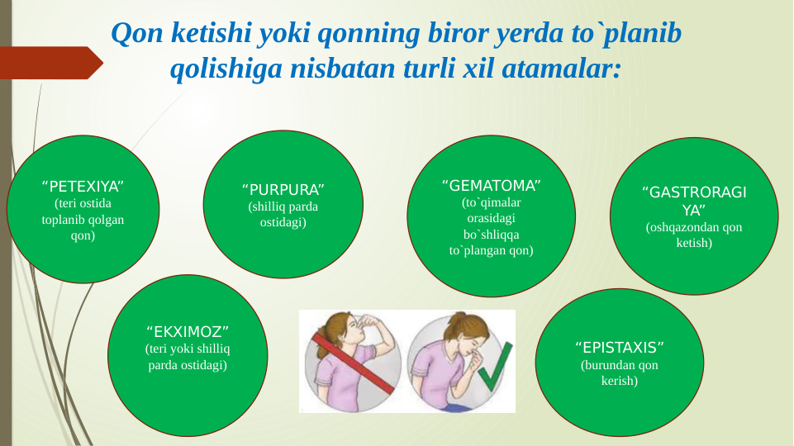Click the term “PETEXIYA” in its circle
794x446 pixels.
click(x=82, y=184)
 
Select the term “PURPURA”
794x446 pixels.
click(x=283, y=189)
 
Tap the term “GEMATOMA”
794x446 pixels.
click(x=491, y=183)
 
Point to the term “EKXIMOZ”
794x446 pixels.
click(x=187, y=331)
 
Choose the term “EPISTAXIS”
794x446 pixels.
click(x=620, y=346)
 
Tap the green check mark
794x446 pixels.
click(x=491, y=378)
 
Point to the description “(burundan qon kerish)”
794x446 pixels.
click(x=620, y=372)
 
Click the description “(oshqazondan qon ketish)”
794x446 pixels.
click(x=694, y=235)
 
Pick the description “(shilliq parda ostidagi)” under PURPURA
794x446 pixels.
click(x=283, y=215)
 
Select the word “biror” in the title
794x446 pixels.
click(x=451, y=34)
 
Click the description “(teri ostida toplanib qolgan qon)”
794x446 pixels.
click(x=82, y=219)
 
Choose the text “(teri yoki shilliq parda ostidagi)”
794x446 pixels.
click(x=187, y=358)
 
